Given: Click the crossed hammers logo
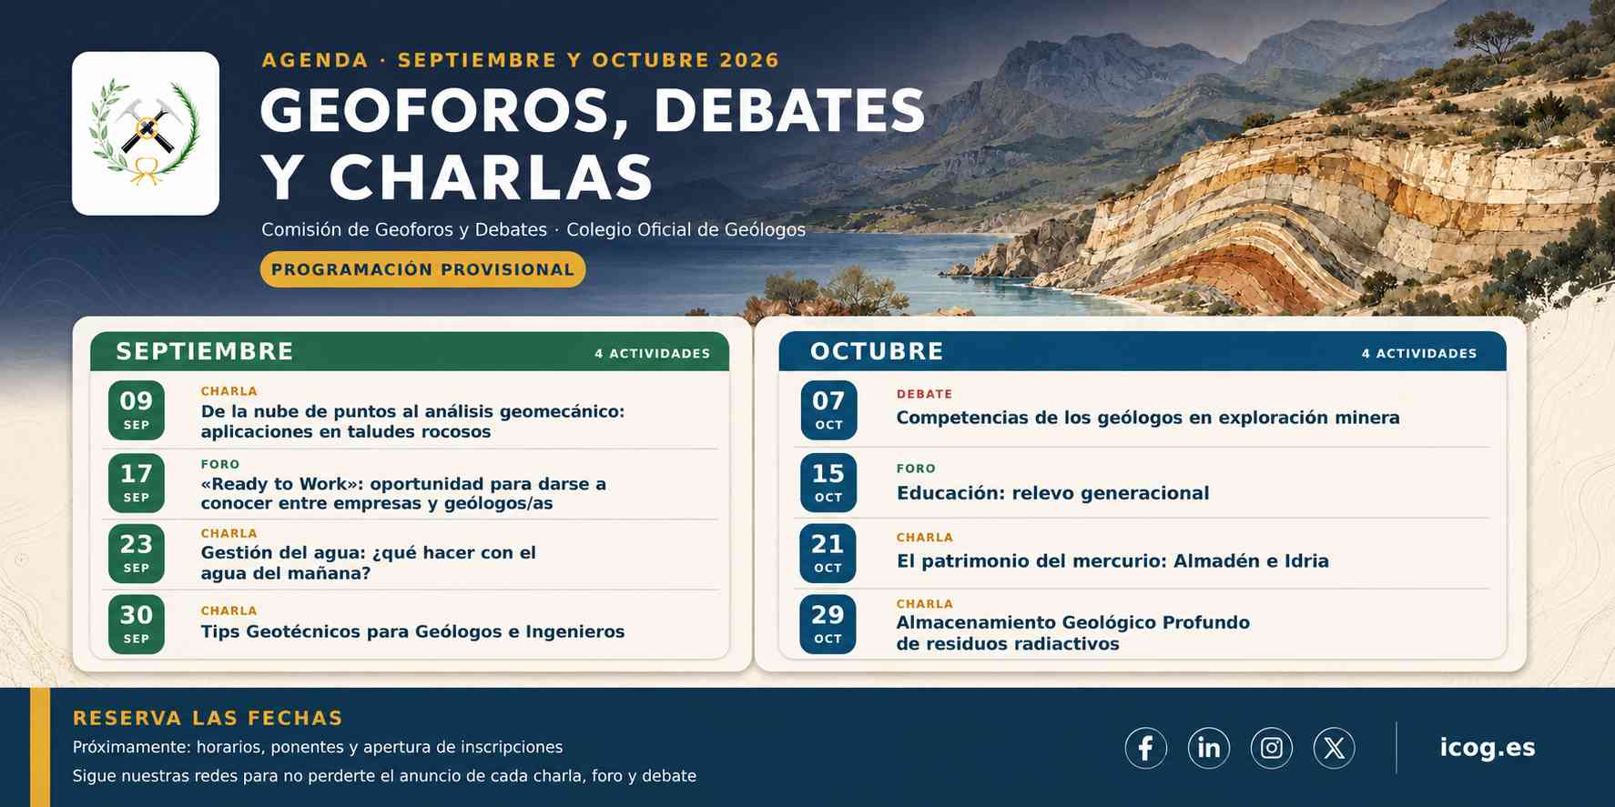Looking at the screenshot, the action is [x=146, y=133].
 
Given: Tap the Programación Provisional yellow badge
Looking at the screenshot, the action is [x=422, y=269].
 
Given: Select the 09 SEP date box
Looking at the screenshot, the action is [x=137, y=410].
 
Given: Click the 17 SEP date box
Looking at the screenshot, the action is [x=137, y=483].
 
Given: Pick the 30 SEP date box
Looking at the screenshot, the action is [x=137, y=624].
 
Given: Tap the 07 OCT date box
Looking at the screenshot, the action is [x=828, y=410].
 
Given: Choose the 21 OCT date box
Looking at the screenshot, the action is [x=828, y=553].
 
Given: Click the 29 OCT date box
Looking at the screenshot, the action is [x=828, y=624].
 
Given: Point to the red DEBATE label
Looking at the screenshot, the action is [x=924, y=394].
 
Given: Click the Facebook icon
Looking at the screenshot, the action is [x=1146, y=748].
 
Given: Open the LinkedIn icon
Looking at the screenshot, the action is [x=1209, y=748].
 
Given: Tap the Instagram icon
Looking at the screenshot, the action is [x=1272, y=748].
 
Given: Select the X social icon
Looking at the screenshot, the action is [x=1335, y=748].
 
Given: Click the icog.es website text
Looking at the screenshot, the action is [x=1488, y=748].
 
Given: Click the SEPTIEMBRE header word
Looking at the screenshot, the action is [x=205, y=351].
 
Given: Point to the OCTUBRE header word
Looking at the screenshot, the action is [x=877, y=351].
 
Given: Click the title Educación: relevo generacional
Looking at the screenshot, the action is [x=1053, y=493].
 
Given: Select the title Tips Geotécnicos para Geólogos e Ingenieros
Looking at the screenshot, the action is [x=412, y=631].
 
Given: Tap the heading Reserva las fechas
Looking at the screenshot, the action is [x=208, y=718].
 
